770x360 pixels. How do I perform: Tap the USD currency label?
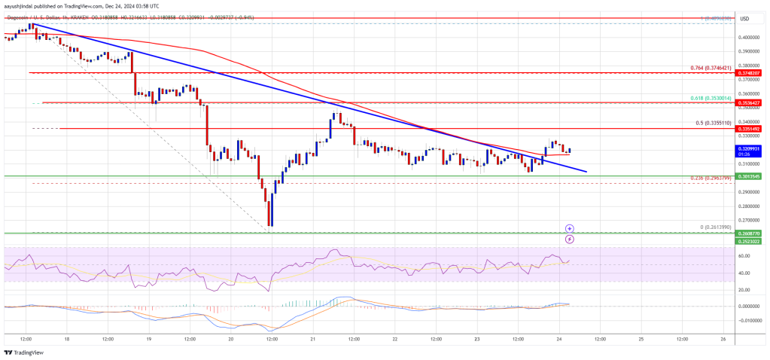point(746,18)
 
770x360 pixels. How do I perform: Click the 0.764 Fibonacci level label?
point(711,68)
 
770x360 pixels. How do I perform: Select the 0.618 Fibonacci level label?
point(711,98)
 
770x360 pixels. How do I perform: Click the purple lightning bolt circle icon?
point(570,239)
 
